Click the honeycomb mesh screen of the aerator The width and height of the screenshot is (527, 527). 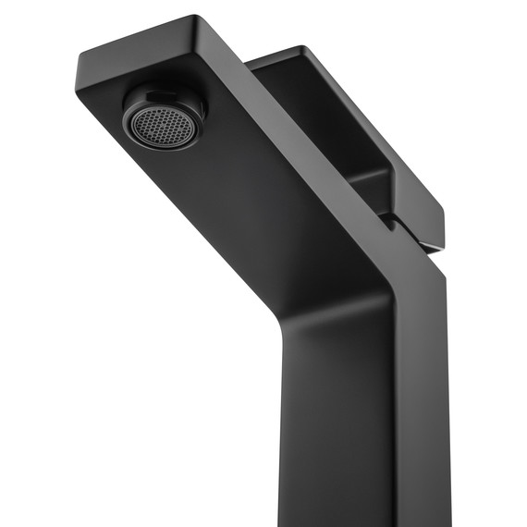pos(151,121)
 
